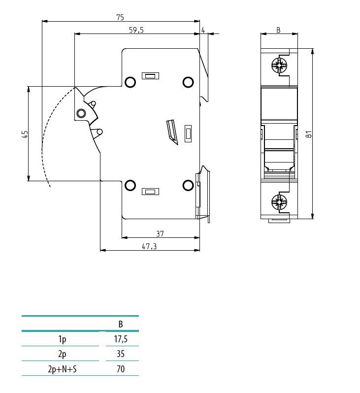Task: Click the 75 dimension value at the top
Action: point(120,17)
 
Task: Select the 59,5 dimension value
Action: point(136,30)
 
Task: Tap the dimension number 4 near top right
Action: point(203,30)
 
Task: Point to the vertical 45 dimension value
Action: point(25,134)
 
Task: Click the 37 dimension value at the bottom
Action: point(160,233)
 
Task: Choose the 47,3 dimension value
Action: point(149,247)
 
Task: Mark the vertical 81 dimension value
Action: point(309,134)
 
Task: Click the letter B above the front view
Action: point(278,30)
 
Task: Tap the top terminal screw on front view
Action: point(279,65)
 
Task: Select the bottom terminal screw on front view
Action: point(279,201)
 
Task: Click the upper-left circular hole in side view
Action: point(130,82)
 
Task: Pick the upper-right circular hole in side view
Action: point(188,82)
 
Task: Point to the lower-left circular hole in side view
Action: point(130,185)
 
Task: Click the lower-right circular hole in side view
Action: point(188,185)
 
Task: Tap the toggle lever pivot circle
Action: point(81,114)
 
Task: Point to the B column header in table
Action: point(121,324)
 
